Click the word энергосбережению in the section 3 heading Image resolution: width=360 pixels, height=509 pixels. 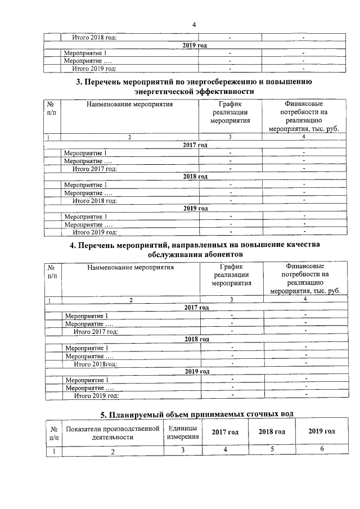217,82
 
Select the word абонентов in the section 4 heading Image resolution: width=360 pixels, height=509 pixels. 222,255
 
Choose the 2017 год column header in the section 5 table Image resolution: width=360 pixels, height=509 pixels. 225,431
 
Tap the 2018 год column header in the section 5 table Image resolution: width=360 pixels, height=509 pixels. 272,431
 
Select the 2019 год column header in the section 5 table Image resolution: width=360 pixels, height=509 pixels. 322,431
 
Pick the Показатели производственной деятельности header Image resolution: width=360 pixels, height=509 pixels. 113,431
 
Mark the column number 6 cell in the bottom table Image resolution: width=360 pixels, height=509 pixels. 322,449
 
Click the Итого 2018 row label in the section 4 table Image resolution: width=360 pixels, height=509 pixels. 96,364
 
